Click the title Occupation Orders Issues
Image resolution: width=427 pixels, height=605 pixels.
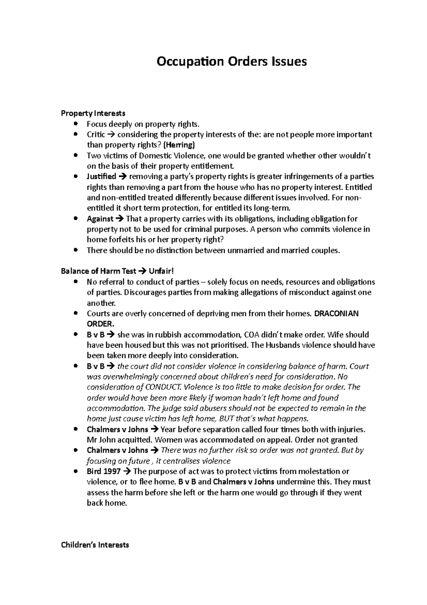pyautogui.click(x=232, y=62)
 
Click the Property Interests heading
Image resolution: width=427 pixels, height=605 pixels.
pyautogui.click(x=93, y=113)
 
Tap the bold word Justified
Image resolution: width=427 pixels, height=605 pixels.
pyautogui.click(x=101, y=176)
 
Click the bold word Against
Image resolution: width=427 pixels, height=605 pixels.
pyautogui.click(x=100, y=219)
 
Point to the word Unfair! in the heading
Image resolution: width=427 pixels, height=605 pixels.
pyautogui.click(x=162, y=271)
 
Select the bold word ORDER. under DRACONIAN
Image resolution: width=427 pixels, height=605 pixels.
pyautogui.click(x=101, y=324)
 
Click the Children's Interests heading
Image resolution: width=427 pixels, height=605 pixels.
pyautogui.click(x=95, y=545)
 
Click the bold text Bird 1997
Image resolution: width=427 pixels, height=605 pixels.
pyautogui.click(x=104, y=471)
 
